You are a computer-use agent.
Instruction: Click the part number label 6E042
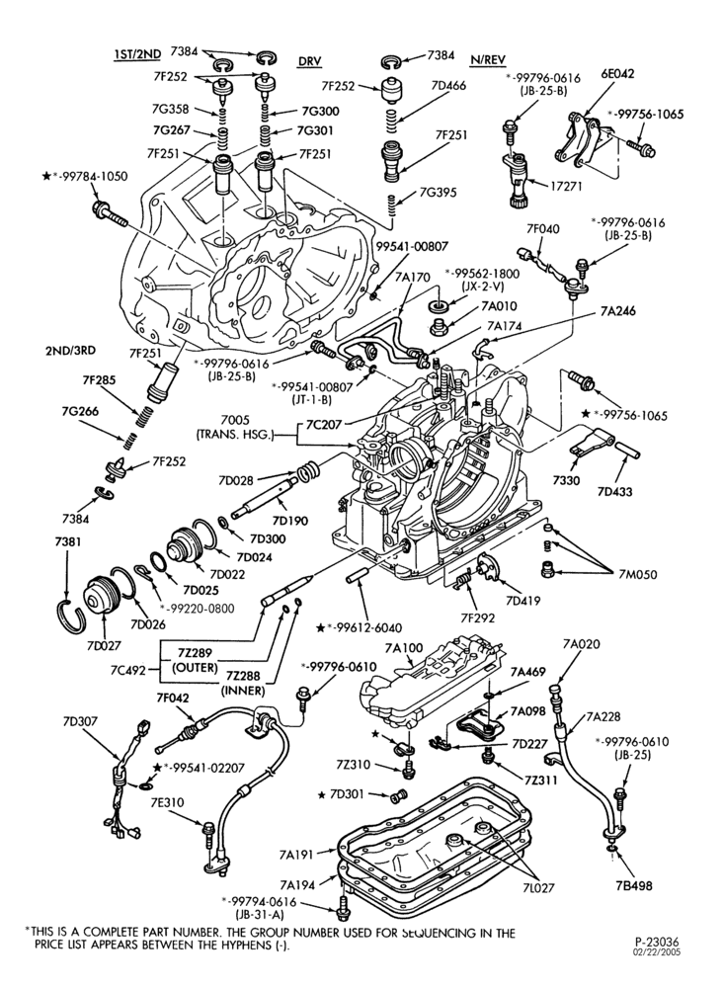(616, 74)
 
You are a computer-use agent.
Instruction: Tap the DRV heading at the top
(309, 60)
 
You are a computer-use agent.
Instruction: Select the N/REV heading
(488, 60)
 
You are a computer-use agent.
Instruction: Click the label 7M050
(637, 574)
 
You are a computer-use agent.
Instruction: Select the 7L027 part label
(537, 887)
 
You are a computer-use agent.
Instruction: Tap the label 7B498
(634, 885)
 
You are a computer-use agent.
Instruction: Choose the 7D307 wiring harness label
(80, 721)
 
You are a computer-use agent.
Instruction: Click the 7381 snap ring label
(67, 541)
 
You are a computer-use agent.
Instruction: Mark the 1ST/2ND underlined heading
(137, 54)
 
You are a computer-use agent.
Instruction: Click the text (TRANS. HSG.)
(235, 434)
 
